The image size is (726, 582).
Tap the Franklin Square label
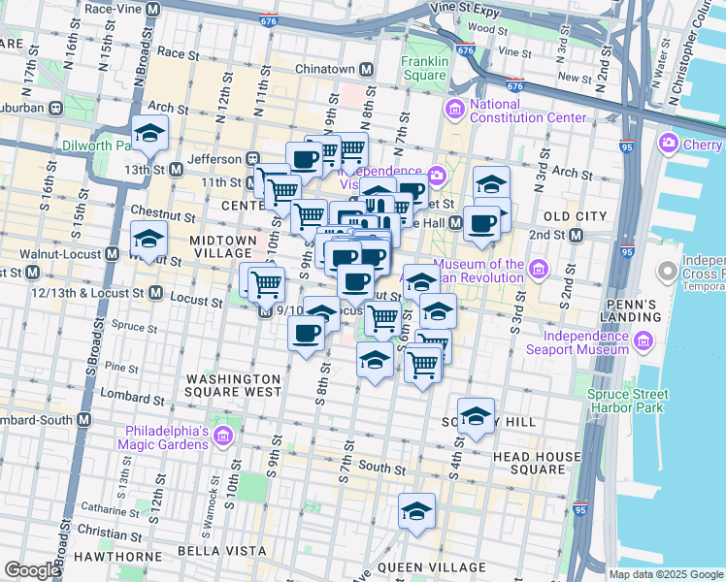point(425,68)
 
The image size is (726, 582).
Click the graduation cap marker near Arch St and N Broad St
point(149,135)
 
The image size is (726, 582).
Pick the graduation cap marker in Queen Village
point(416,512)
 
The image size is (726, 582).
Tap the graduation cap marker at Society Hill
point(476,417)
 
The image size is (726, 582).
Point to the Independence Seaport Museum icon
point(643,340)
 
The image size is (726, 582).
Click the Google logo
point(32,570)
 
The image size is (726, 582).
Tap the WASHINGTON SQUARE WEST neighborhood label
point(234,385)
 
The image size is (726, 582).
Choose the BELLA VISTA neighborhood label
point(222,551)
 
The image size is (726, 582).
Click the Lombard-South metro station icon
point(83,420)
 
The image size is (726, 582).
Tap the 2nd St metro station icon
point(576,235)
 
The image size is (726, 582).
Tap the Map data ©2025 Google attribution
point(665,574)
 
